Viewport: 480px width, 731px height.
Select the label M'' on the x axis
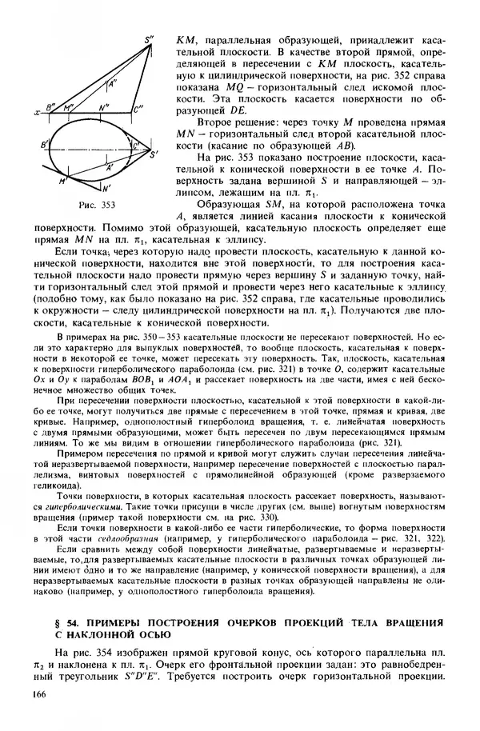(70, 105)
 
